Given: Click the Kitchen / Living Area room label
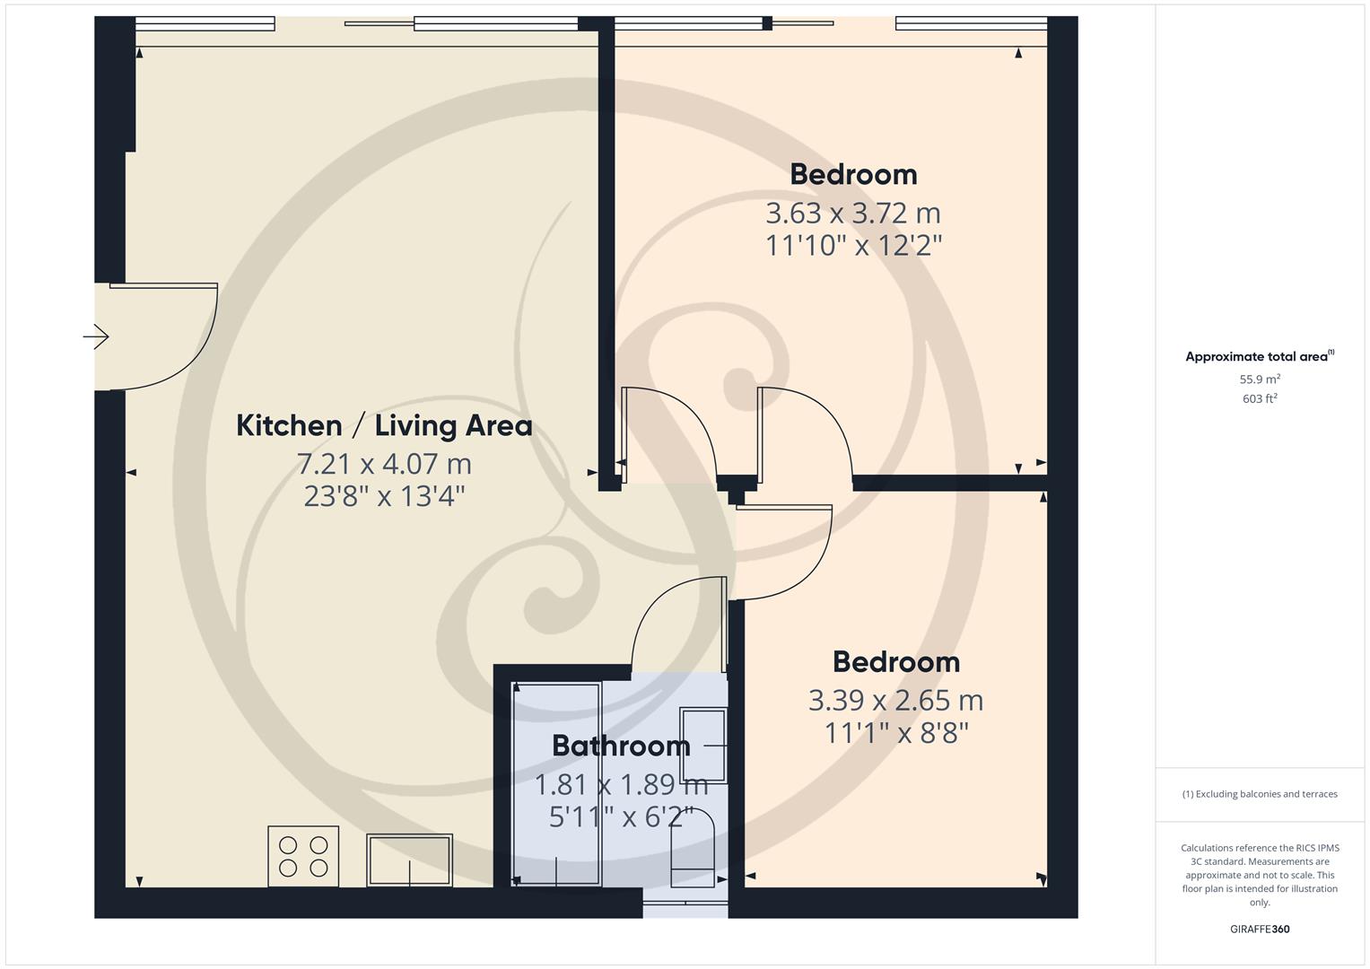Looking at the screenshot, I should pos(384,425).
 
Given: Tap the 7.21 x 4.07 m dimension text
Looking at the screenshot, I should pos(384,464).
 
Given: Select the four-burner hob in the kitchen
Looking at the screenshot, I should pos(303,856).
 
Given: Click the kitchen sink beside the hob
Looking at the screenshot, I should pos(409,860).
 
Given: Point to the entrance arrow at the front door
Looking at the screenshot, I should pos(96,337).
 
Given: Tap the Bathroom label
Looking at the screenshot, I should pos(620,746).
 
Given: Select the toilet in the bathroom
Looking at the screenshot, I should pos(693,849).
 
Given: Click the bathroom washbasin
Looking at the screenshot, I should pos(702,745).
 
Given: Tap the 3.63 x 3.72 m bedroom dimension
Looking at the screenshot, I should pos(852,214).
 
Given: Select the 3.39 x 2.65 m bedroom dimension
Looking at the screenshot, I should pos(895,700).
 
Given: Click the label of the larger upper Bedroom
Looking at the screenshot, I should pos(852,174).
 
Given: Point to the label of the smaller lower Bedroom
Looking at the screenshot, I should pos(895,662).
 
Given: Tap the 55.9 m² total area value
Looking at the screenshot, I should pos(1260,380).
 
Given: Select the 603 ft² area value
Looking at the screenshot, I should pos(1260,399).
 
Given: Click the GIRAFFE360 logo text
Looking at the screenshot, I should pos(1260,930).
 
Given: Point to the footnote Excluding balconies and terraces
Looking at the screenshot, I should pos(1260,794).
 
